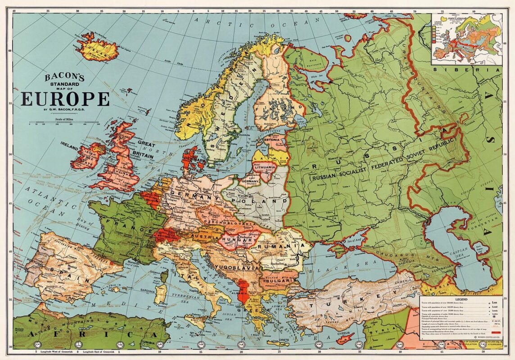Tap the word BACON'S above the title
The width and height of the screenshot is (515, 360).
point(65,77)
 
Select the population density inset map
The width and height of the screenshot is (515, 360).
point(467,39)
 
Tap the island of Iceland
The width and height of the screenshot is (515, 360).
point(97,47)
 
